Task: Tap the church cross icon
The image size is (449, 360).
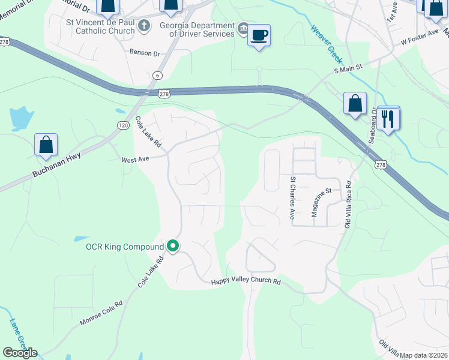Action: tap(143, 25)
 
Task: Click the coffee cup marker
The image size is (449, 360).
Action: tap(259, 35)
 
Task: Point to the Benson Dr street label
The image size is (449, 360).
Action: tap(145, 53)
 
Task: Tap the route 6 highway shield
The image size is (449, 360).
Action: tap(157, 75)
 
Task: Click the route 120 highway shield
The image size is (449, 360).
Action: tap(122, 125)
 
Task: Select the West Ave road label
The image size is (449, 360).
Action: tap(134, 160)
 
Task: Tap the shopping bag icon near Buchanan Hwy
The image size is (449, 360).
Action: tap(46, 145)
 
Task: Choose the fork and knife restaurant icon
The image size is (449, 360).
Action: tap(388, 118)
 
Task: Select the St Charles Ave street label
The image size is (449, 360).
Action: tap(293, 197)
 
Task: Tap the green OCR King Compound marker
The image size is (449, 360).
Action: tap(173, 246)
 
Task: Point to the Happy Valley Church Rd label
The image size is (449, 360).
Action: tap(246, 282)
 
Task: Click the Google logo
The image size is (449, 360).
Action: tap(20, 353)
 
